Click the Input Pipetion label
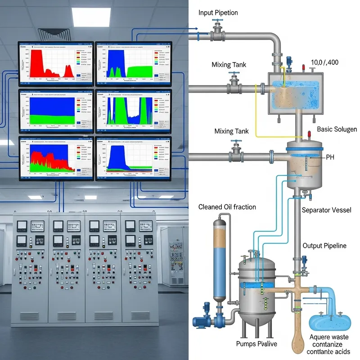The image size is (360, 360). point(218,13)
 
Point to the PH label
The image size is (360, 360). point(330,157)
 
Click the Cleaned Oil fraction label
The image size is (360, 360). point(227,207)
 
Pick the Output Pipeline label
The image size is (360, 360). point(324,246)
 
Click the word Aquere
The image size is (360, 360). point(321,337)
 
